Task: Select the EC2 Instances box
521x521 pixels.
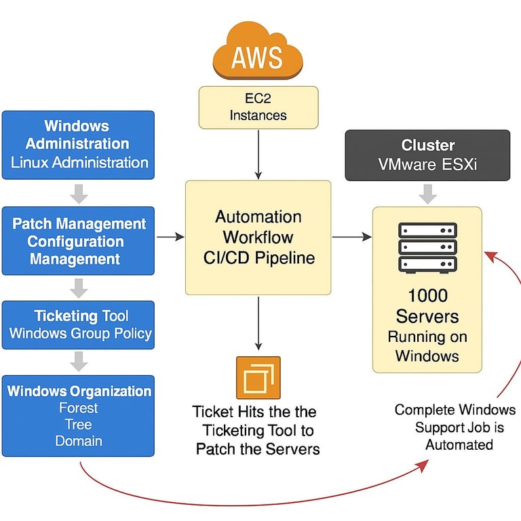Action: (x=258, y=107)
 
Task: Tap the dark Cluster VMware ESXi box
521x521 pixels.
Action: (x=427, y=155)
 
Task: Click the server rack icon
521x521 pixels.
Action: (x=427, y=247)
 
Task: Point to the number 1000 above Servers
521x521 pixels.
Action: (x=427, y=296)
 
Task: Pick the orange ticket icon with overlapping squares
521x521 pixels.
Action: (x=258, y=377)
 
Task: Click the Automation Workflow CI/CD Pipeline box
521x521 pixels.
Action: (x=258, y=237)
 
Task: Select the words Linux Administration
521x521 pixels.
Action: (x=79, y=163)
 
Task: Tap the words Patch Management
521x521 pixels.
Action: (x=79, y=224)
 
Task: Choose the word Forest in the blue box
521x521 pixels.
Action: (x=79, y=408)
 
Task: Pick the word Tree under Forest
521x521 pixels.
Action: (x=79, y=425)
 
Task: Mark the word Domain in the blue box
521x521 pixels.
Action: (x=79, y=441)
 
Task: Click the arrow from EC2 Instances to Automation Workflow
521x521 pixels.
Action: (x=258, y=153)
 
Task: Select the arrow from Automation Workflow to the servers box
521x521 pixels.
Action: (x=351, y=237)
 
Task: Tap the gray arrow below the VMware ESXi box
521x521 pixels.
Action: (x=427, y=194)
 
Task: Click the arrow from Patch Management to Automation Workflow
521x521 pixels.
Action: (x=170, y=237)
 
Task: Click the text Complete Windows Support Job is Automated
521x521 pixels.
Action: (x=455, y=427)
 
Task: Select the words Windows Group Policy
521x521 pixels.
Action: (x=80, y=334)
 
